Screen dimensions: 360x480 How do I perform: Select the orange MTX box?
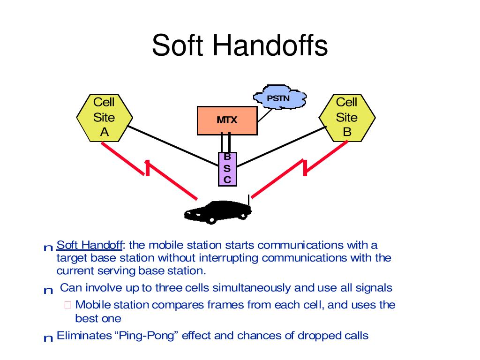227,120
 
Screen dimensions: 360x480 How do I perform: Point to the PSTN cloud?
279,98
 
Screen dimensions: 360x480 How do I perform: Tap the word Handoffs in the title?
270,45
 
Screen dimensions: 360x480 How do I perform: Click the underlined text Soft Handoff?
90,245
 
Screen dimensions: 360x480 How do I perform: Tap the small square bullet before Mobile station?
67,305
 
